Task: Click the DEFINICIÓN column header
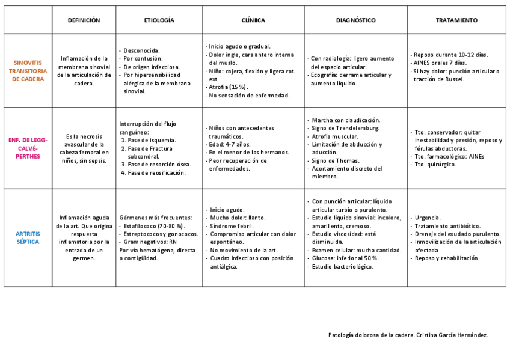(84, 20)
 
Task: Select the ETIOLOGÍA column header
(159, 20)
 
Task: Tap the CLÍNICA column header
(253, 20)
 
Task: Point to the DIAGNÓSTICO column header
(355, 20)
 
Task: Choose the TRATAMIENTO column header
(456, 20)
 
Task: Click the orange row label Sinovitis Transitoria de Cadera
(28, 70)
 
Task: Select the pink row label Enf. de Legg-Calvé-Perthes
(28, 148)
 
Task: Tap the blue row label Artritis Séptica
(28, 237)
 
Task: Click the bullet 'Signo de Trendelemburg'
(345, 128)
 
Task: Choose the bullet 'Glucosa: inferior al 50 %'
(345, 258)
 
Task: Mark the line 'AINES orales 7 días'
(440, 63)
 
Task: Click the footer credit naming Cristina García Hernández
(408, 335)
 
